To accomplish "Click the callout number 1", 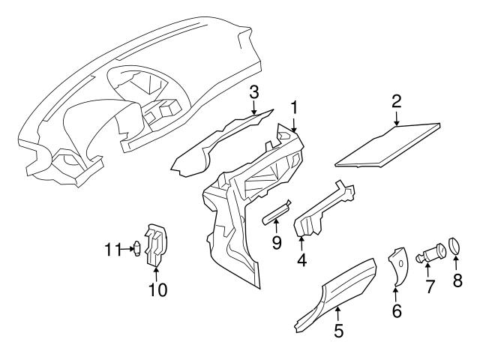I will pyautogui.click(x=295, y=107).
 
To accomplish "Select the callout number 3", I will pyautogui.click(x=254, y=92).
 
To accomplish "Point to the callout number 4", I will pyautogui.click(x=301, y=262).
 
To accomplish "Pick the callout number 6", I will pyautogui.click(x=396, y=310).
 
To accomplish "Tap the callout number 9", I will pyautogui.click(x=275, y=244).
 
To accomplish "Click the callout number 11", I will pyautogui.click(x=111, y=248).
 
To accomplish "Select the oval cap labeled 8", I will pyautogui.click(x=455, y=247).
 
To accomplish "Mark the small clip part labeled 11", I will pyautogui.click(x=136, y=248).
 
